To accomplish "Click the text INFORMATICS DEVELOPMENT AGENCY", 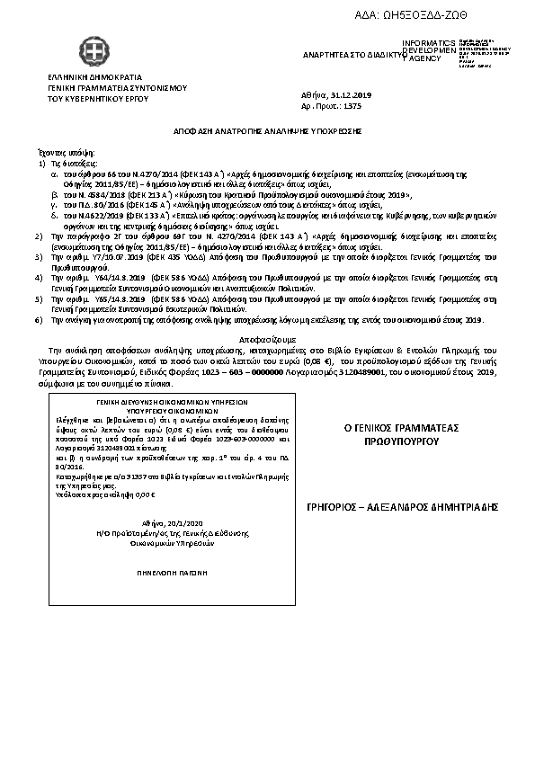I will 429,50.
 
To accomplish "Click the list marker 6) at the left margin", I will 37,320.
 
